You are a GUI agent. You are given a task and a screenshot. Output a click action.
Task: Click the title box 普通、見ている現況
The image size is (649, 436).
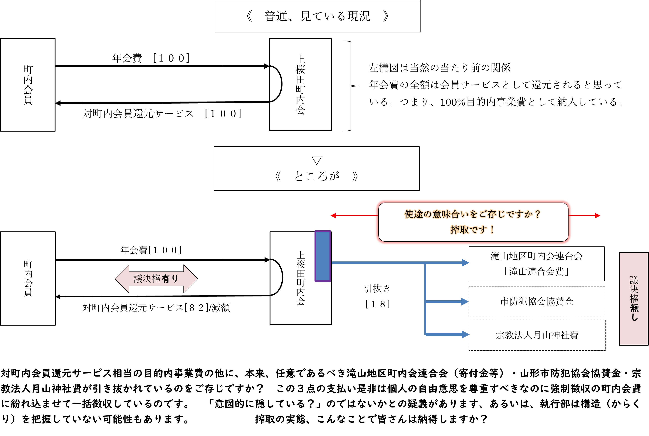click(317, 16)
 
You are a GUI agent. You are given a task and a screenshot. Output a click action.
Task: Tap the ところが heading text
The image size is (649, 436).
click(317, 176)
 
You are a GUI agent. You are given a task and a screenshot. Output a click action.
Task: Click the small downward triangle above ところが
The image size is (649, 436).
click(317, 160)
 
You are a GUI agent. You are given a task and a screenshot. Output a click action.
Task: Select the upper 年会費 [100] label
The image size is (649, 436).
click(151, 58)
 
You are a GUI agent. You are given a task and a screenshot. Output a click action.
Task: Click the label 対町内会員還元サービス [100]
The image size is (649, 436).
click(162, 113)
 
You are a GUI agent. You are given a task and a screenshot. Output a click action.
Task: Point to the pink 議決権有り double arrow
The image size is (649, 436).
click(156, 279)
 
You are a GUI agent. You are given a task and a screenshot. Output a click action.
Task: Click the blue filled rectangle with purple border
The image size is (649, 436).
click(323, 256)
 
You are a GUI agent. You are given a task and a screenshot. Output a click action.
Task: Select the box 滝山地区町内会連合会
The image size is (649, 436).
click(536, 264)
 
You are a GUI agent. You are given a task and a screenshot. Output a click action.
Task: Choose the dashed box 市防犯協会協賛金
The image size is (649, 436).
click(537, 301)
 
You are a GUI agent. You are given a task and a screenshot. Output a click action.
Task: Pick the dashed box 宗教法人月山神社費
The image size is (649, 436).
click(537, 335)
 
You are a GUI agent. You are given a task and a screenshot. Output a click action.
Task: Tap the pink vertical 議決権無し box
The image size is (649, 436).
click(634, 299)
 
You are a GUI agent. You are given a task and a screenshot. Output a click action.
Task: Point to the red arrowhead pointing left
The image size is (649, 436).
click(333, 215)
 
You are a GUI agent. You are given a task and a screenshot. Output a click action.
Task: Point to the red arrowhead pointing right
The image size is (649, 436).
click(598, 215)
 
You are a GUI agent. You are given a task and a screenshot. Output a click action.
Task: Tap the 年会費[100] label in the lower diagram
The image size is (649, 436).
click(151, 250)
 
